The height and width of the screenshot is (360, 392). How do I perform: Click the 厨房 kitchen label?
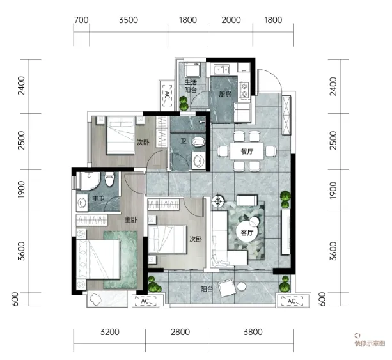224,94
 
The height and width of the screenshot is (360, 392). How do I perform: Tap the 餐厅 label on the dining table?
247,152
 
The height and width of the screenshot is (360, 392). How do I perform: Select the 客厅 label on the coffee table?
247,233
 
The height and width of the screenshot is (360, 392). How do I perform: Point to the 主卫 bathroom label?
98,199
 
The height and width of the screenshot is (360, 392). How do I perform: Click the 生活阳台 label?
191,86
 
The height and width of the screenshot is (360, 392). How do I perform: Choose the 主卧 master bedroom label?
131,220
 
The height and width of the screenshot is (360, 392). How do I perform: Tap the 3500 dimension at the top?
129,20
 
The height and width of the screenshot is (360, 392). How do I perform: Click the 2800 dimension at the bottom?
180,332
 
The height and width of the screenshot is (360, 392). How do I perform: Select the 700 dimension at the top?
81,20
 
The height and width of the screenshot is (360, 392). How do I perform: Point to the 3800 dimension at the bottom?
253,332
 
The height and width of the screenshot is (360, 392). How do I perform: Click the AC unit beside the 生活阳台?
167,95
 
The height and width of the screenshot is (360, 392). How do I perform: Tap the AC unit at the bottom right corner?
292,301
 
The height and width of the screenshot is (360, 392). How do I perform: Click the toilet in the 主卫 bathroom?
109,179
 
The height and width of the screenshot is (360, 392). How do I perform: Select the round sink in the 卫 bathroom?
199,160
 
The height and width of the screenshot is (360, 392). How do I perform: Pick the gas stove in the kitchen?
244,90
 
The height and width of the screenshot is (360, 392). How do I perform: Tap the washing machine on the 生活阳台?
192,70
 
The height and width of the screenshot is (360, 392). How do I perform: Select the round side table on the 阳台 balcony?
242,286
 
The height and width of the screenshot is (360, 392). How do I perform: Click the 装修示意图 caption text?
370,343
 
